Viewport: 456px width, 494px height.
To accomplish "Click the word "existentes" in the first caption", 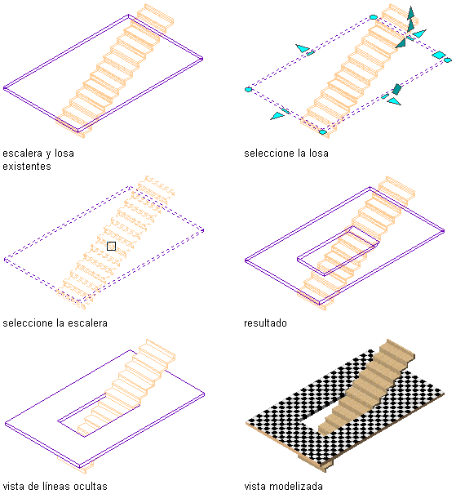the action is pos(27,166).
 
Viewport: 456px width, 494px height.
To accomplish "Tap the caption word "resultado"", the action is pos(265,323).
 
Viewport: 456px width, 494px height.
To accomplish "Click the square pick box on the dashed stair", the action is pos(111,246).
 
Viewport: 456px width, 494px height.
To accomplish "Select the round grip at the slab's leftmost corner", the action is pos(248,90).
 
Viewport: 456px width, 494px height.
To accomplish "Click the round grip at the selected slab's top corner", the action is pos(374,16).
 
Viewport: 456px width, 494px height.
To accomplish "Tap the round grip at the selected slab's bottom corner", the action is pos(323,132).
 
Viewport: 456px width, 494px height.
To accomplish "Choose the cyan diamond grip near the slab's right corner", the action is pos(439,55).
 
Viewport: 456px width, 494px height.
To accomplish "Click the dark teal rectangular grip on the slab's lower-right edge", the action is pos(396,89).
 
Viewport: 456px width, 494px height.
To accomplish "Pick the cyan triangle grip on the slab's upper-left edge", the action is pos(303,48).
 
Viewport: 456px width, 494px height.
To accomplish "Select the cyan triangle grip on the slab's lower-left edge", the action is pos(277,116).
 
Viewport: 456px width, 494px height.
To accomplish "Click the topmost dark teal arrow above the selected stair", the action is pos(410,13).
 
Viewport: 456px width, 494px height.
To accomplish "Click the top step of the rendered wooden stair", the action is pos(397,349).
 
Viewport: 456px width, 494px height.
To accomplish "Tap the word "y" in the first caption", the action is pos(48,154).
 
